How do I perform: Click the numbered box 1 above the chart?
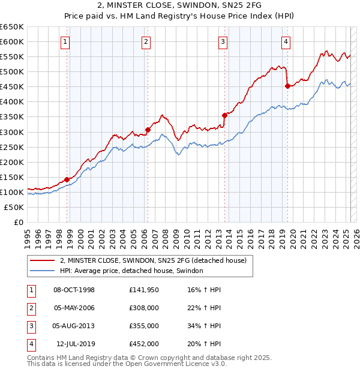point(64,41)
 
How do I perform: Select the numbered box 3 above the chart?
point(223,41)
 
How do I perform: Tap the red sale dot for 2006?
point(148,129)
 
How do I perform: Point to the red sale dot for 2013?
point(224,115)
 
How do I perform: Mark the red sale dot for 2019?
point(287,86)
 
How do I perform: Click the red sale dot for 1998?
point(67,179)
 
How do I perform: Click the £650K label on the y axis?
point(12,27)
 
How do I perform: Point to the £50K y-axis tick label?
point(14,207)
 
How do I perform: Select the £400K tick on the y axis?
point(12,102)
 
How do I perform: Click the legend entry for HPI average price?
point(131,271)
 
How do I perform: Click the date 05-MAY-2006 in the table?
point(74,308)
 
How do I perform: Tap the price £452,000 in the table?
point(144,344)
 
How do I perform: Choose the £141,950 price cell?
point(144,290)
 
